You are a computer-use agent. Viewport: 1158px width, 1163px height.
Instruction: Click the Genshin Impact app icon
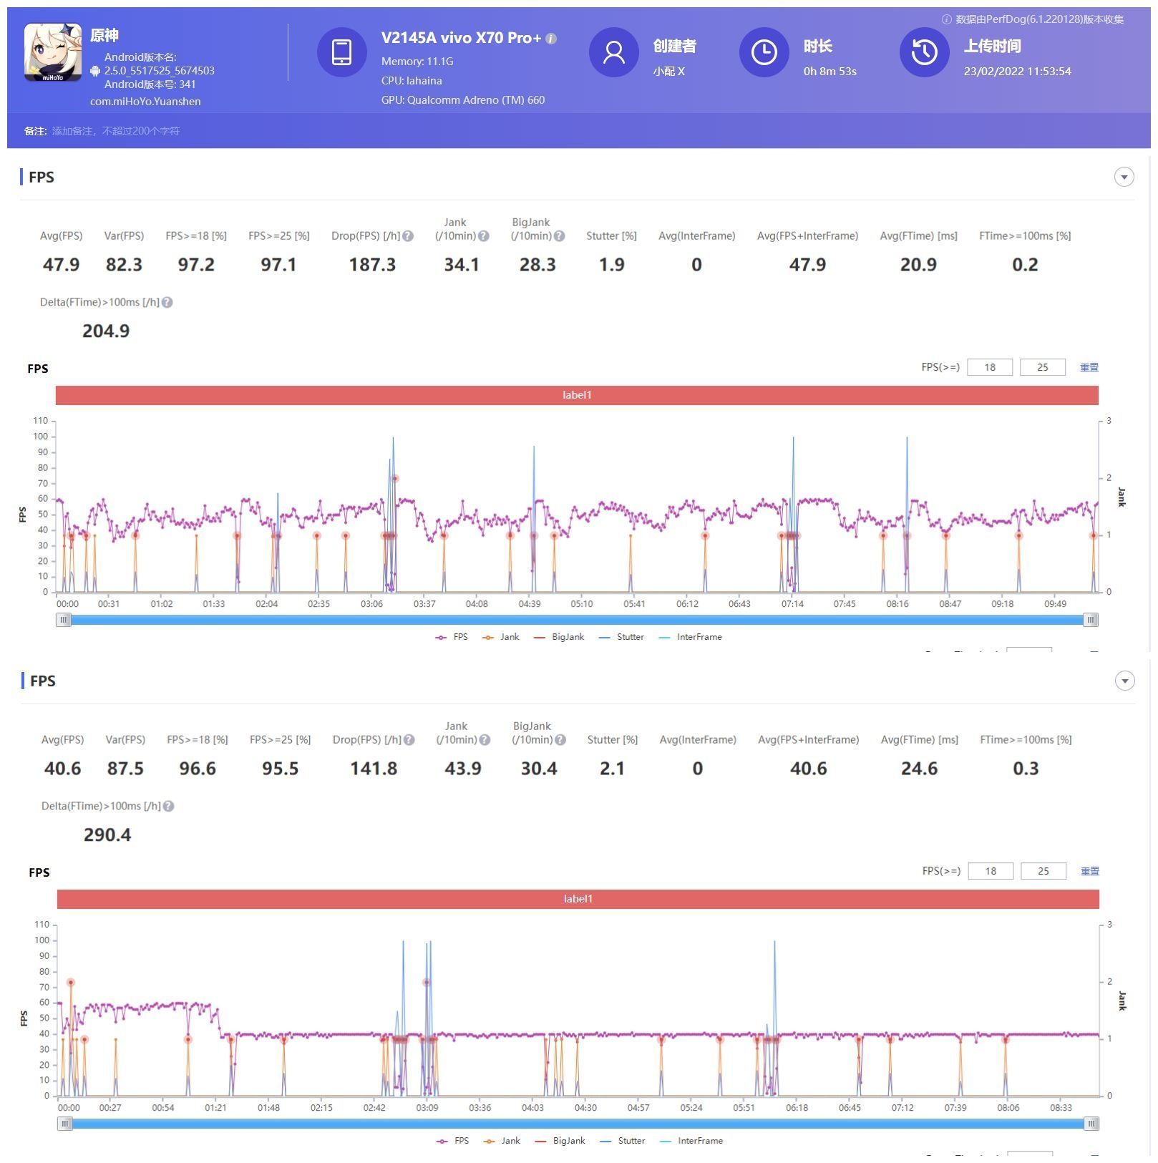click(53, 52)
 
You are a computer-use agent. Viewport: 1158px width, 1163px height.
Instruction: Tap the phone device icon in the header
click(341, 52)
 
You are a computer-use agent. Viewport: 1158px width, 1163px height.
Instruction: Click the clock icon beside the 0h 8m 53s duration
click(764, 52)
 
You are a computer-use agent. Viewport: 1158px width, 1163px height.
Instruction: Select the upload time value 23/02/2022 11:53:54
click(1017, 72)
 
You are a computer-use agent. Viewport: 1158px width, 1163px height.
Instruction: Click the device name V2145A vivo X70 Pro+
click(461, 38)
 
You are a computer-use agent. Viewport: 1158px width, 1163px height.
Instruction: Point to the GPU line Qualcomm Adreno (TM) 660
click(463, 100)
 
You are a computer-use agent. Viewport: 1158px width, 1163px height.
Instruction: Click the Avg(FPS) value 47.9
click(61, 265)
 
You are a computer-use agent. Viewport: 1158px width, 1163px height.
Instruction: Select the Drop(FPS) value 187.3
click(372, 265)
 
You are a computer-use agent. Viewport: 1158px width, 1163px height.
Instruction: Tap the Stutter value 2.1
click(612, 769)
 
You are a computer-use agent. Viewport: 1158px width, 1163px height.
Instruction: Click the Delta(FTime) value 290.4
click(107, 834)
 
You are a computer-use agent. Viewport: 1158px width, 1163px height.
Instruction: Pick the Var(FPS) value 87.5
click(125, 769)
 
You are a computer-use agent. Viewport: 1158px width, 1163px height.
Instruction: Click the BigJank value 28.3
click(537, 265)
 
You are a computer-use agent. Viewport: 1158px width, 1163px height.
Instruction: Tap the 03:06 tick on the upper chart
click(371, 604)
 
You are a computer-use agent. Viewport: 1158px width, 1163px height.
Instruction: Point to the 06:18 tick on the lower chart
click(797, 1108)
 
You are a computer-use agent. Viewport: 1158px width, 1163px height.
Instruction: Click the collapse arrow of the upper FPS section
click(1124, 177)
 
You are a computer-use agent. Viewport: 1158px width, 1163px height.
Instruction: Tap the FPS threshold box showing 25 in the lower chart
click(1043, 871)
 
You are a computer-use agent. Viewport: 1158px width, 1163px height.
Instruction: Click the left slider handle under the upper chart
click(64, 620)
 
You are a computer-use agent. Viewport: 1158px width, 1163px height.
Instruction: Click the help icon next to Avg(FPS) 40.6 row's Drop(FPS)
click(409, 740)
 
